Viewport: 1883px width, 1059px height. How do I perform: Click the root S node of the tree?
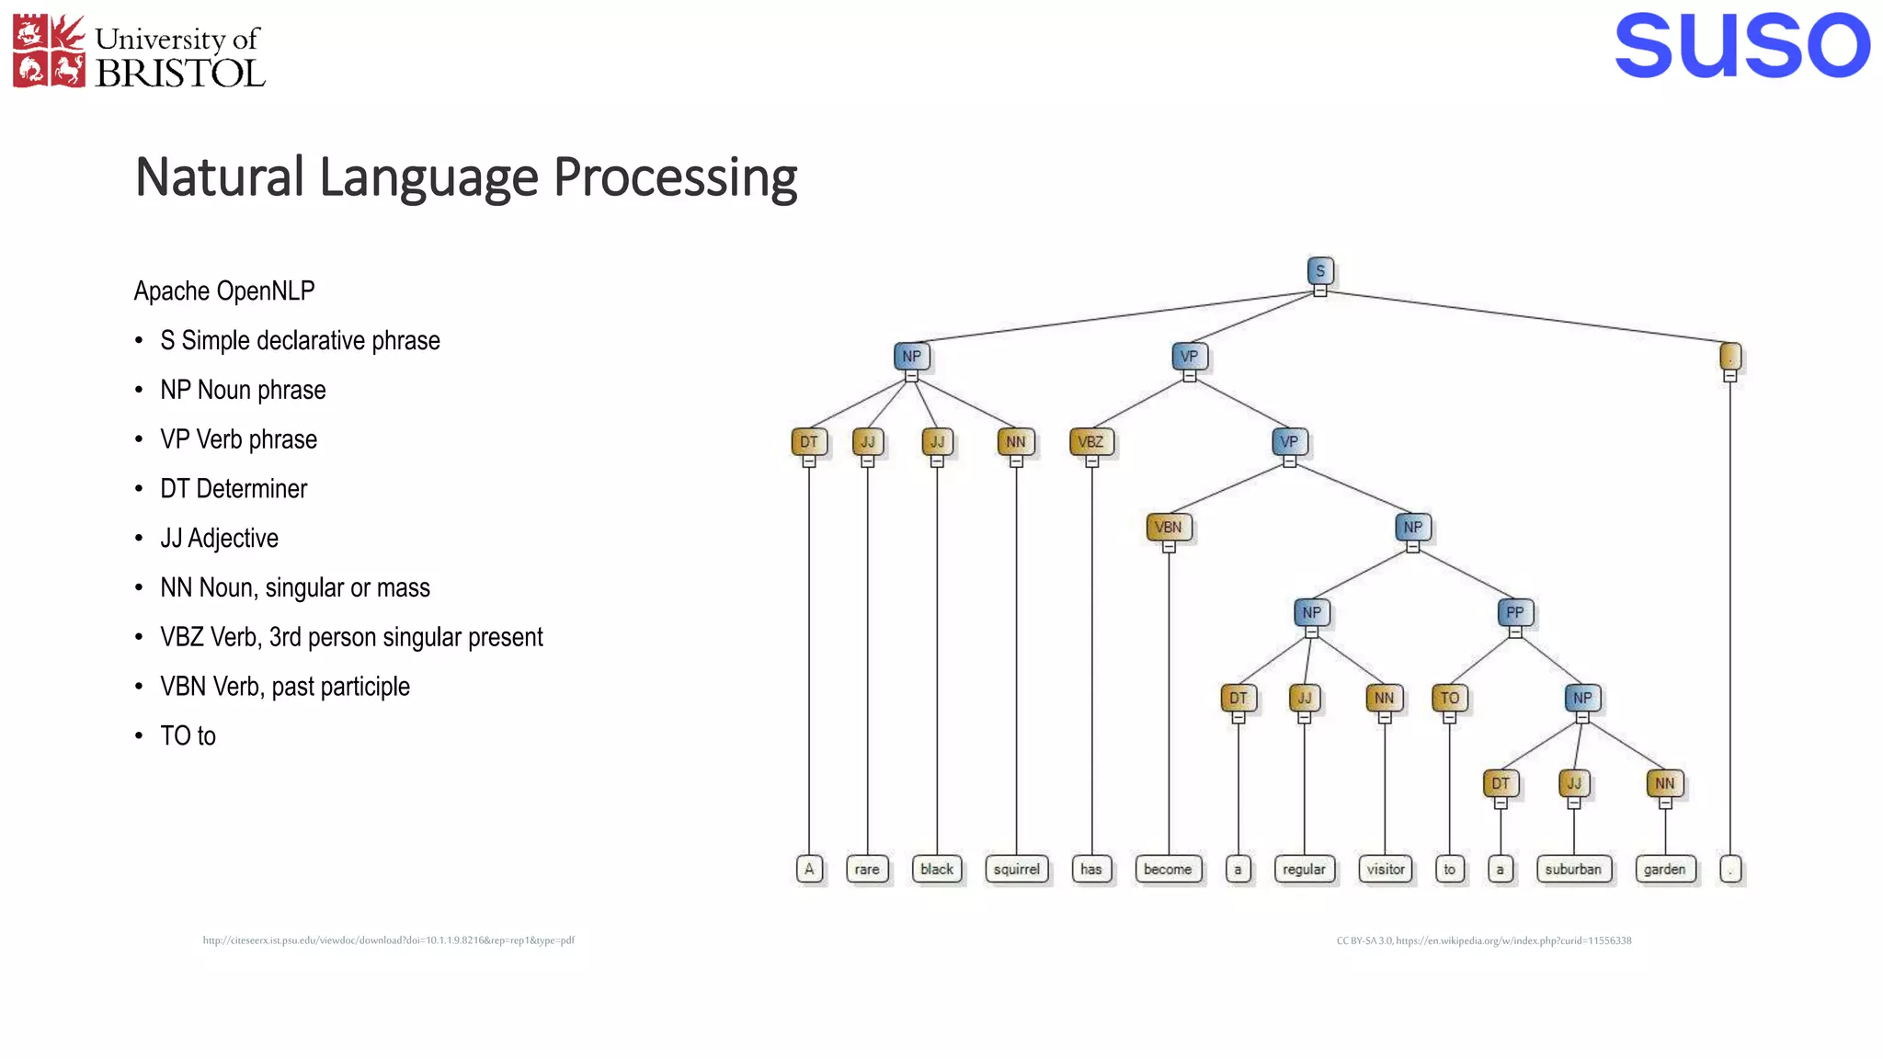(1320, 271)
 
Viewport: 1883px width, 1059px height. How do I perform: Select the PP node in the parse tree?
(1514, 612)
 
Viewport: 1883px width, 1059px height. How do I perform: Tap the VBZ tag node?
(1091, 442)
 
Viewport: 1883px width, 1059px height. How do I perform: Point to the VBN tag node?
(1169, 528)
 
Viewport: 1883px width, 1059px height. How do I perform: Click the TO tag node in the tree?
(1450, 699)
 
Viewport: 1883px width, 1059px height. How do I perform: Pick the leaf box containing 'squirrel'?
(1016, 870)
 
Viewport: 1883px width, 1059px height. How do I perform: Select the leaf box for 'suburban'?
(1573, 870)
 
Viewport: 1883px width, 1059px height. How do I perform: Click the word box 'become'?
(1168, 870)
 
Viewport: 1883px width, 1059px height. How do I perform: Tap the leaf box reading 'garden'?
(1664, 870)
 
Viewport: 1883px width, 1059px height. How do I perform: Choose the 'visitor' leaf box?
(1386, 870)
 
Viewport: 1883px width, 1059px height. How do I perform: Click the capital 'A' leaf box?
(809, 870)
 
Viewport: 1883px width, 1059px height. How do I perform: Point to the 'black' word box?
(937, 870)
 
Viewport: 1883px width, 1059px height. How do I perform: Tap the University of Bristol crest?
(49, 51)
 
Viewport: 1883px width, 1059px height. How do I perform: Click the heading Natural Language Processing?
(466, 177)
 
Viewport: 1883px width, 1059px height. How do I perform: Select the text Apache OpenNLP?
(224, 291)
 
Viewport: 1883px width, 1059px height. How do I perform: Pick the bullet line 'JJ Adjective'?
(219, 539)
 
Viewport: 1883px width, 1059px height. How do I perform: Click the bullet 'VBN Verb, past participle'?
(284, 687)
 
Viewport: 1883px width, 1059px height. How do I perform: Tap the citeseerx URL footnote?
(388, 940)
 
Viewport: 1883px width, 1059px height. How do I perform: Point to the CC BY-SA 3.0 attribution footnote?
(1483, 940)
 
